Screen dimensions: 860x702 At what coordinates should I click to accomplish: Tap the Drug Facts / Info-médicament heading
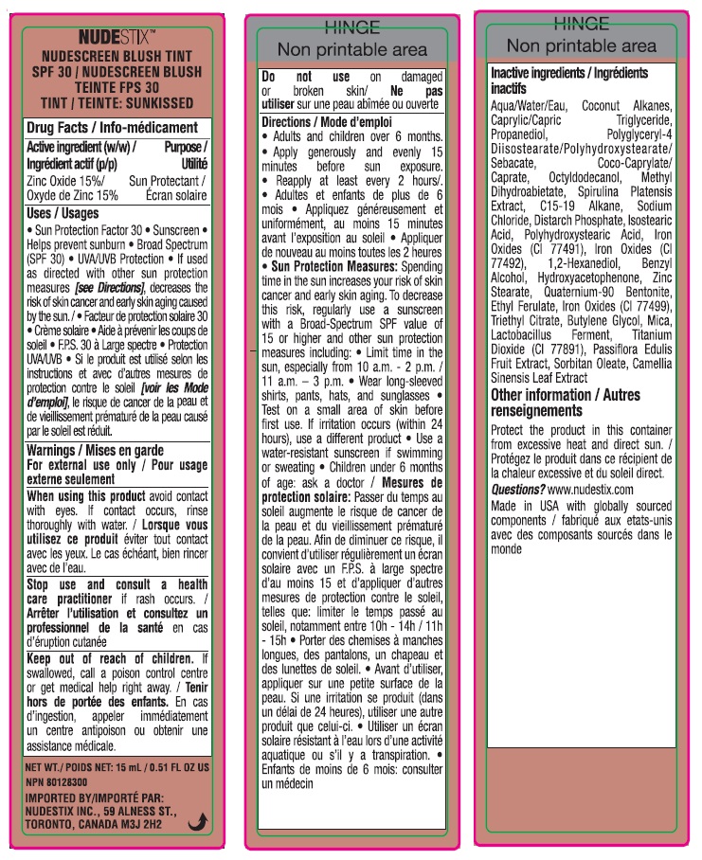click(x=112, y=127)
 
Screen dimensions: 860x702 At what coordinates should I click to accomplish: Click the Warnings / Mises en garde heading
click(x=95, y=451)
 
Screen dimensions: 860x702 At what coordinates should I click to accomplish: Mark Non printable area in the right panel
click(x=581, y=45)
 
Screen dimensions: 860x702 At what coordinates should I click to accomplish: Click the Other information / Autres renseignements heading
click(x=565, y=403)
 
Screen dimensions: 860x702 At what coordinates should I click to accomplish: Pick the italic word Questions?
click(x=517, y=490)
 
